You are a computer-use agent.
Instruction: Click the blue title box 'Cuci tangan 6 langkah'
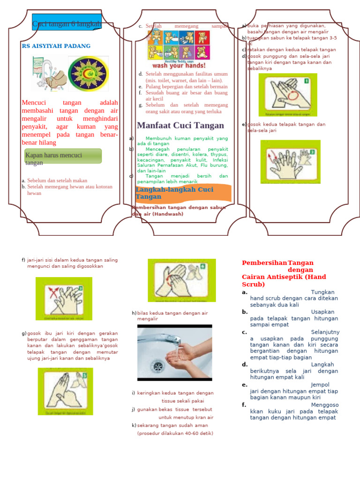click(x=67, y=23)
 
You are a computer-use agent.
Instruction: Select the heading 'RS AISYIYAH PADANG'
click(x=56, y=46)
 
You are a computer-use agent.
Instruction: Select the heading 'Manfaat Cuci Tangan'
click(x=180, y=125)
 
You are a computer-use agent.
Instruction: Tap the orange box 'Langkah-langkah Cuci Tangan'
click(x=183, y=193)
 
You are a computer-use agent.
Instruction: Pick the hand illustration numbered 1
click(x=288, y=95)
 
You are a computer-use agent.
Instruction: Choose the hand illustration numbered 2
click(x=290, y=161)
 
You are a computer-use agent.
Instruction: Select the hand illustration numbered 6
click(x=182, y=280)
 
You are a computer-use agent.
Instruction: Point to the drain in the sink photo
click(x=158, y=365)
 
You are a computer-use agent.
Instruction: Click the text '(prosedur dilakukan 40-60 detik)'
click(x=175, y=433)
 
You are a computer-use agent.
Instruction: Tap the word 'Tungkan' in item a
click(x=323, y=292)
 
